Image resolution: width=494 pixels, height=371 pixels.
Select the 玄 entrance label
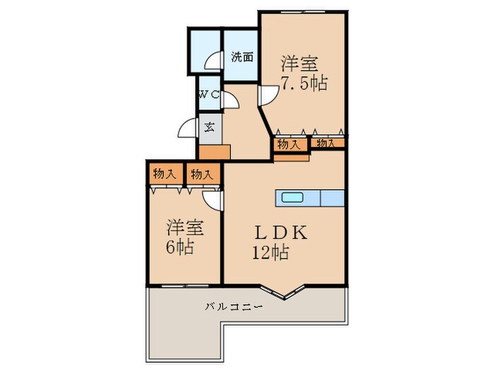210,128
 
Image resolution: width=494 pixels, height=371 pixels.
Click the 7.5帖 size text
304,83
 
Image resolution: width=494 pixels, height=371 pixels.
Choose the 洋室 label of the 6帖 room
186,228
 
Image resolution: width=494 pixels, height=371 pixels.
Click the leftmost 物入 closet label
164,173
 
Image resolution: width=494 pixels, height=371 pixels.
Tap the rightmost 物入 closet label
326,143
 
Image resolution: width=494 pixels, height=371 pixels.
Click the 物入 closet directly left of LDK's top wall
204,173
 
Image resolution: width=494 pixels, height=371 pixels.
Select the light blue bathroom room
205,48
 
